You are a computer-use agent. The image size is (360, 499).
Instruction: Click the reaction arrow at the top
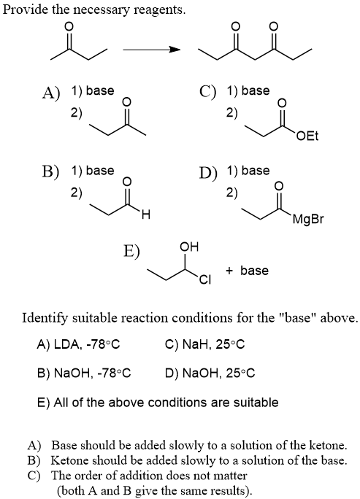pyautogui.click(x=152, y=50)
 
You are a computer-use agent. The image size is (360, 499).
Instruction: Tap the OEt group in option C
pyautogui.click(x=307, y=136)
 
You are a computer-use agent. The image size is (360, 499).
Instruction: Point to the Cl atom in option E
pyautogui.click(x=204, y=279)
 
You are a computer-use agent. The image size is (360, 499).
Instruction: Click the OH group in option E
pyautogui.click(x=189, y=247)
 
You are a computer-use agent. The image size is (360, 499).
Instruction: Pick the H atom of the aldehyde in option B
pyautogui.click(x=145, y=215)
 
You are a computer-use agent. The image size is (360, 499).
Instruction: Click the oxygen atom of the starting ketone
pyautogui.click(x=69, y=26)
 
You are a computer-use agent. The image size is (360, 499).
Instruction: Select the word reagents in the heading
pyautogui.click(x=160, y=11)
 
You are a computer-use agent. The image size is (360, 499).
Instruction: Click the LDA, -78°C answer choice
pyautogui.click(x=79, y=344)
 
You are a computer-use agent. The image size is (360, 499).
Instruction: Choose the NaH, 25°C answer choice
pyautogui.click(x=205, y=344)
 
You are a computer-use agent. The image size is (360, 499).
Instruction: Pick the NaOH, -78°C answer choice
pyautogui.click(x=84, y=373)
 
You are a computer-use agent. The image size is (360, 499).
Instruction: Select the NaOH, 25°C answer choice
pyautogui.click(x=210, y=373)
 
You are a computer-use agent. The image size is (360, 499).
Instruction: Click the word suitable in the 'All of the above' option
pyautogui.click(x=256, y=402)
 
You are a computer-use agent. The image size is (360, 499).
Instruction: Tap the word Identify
pyautogui.click(x=45, y=318)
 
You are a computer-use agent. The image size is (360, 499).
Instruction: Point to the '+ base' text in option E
pyautogui.click(x=247, y=271)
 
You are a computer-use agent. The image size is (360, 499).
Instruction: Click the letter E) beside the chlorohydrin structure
pyautogui.click(x=131, y=251)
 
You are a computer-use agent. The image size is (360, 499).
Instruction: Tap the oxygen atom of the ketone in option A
pyautogui.click(x=126, y=101)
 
